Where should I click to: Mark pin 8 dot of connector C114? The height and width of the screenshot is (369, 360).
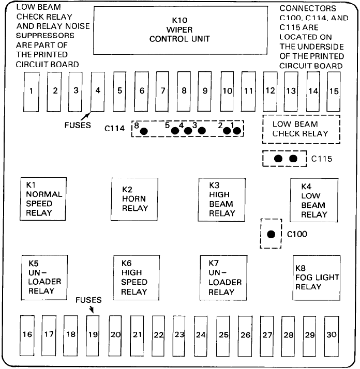pyautogui.click(x=144, y=131)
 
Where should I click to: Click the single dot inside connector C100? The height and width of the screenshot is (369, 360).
pyautogui.click(x=271, y=234)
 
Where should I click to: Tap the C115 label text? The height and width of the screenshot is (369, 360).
pyautogui.click(x=322, y=159)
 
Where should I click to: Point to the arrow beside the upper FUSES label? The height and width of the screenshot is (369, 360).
pyautogui.click(x=86, y=116)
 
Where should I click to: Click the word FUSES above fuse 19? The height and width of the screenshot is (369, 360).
pyautogui.click(x=88, y=300)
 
